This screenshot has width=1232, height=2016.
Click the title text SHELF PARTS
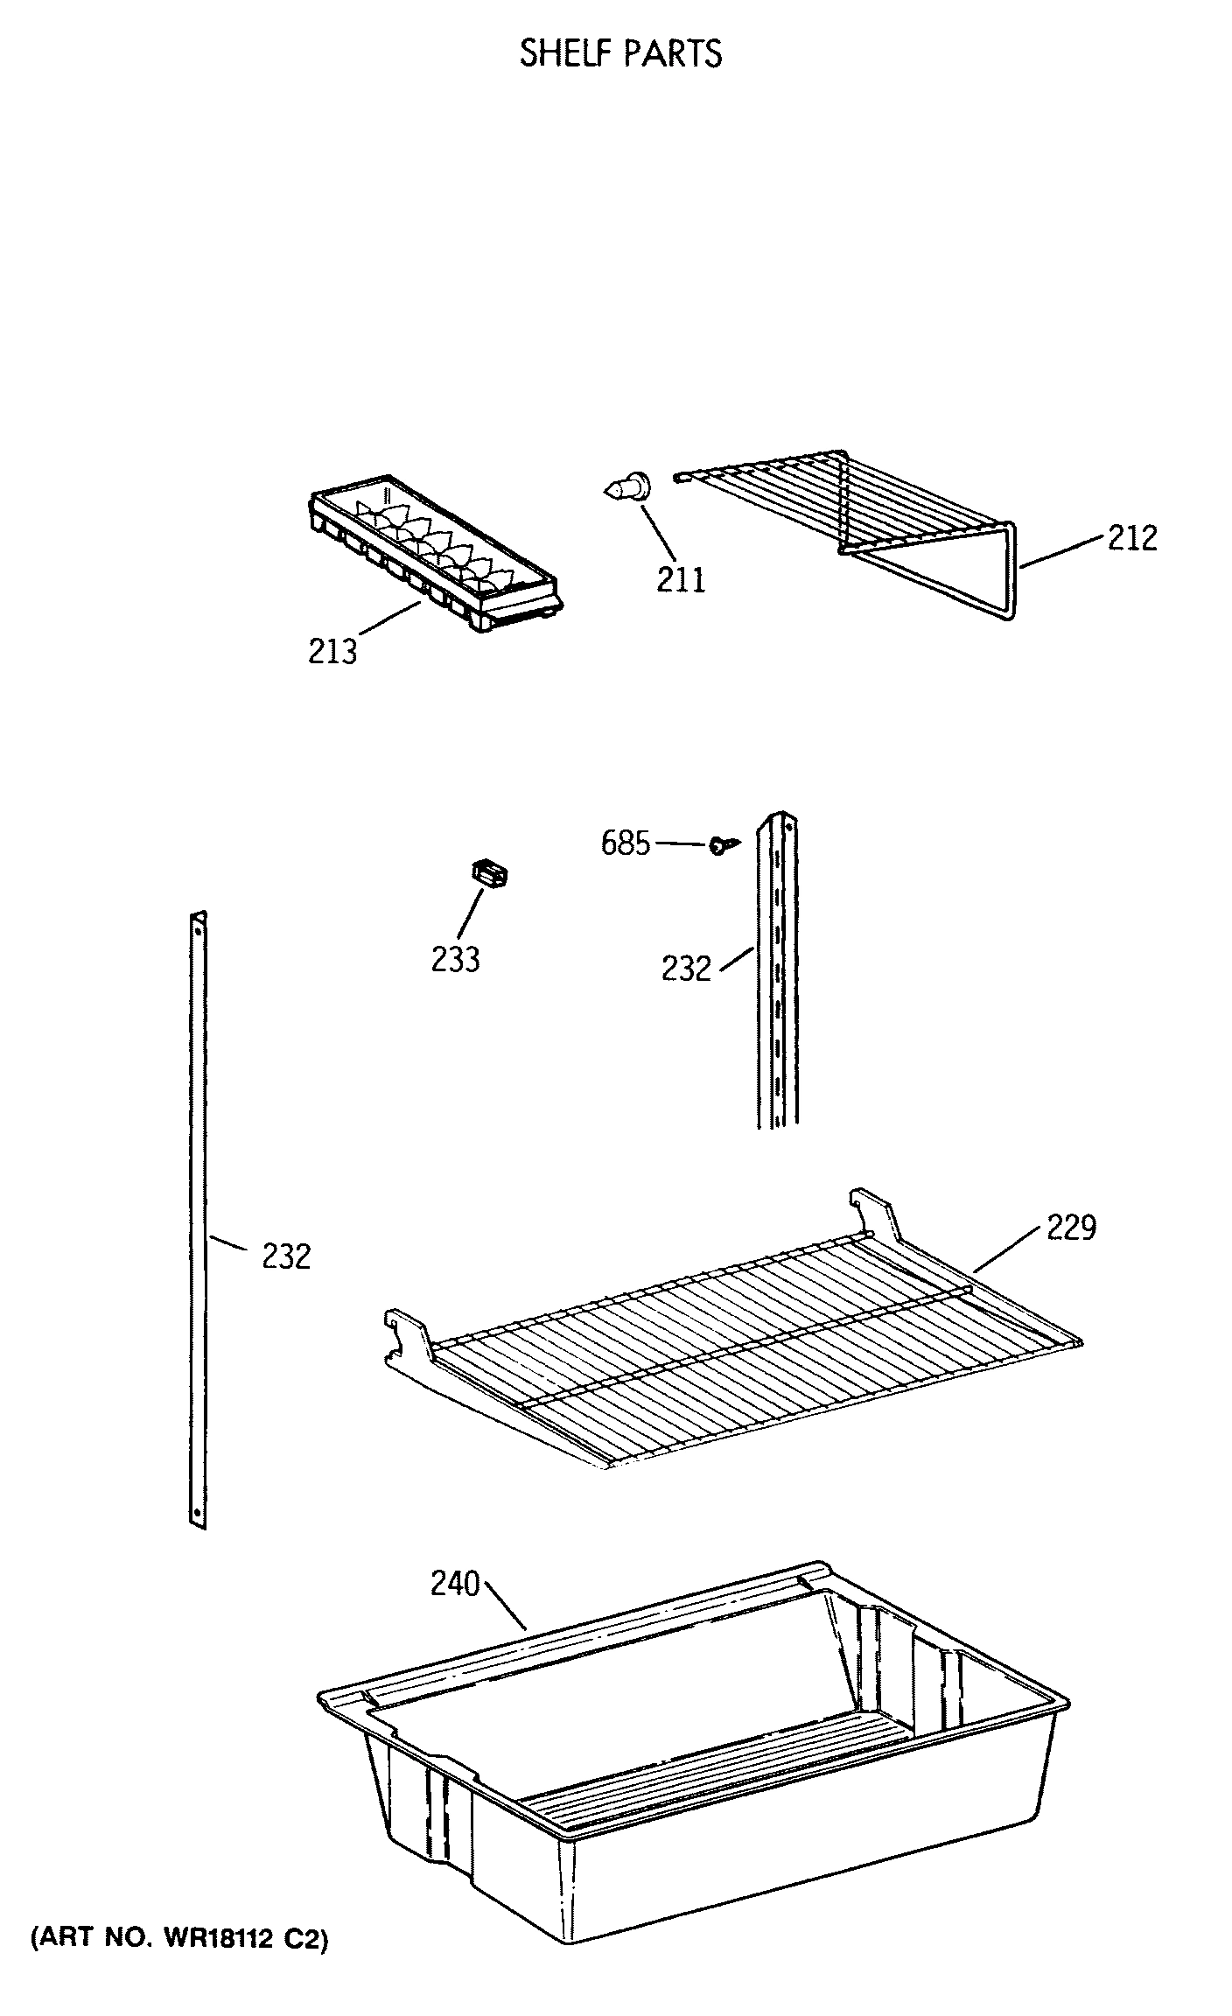(620, 54)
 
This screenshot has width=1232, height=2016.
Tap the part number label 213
(332, 652)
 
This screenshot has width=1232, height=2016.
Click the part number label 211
(681, 580)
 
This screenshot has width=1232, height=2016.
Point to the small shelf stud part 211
(628, 486)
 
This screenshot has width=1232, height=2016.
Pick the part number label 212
(1132, 538)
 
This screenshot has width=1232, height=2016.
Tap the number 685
(626, 843)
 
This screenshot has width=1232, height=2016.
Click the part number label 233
(455, 960)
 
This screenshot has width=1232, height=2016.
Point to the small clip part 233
(491, 874)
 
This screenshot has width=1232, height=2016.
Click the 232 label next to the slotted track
(686, 969)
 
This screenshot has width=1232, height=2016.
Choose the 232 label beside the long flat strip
(286, 1257)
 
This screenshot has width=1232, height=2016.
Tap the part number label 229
(1071, 1228)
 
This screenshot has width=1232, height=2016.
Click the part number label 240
(455, 1584)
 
